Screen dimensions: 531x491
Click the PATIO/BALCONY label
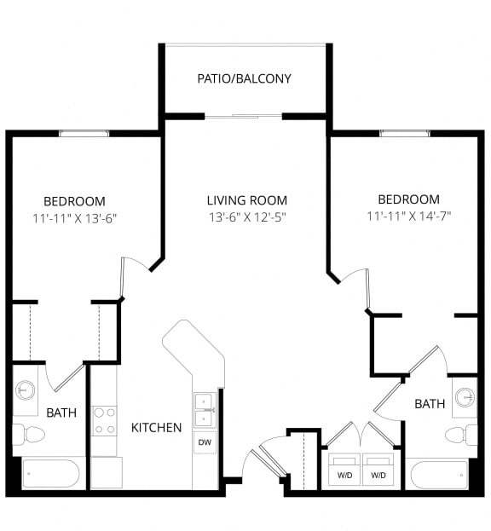click(244, 78)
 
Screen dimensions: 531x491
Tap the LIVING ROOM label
click(246, 200)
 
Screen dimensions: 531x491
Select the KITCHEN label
click(156, 427)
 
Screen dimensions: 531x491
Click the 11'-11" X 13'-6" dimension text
click(74, 217)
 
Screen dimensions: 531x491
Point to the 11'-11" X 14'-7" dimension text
click(408, 216)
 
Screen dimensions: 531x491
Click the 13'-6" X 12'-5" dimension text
click(246, 216)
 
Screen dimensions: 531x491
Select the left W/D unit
click(344, 470)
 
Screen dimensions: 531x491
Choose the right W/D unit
click(378, 470)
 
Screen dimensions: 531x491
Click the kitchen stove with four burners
click(104, 419)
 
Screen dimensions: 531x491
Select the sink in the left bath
click(26, 391)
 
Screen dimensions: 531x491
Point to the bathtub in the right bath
click(437, 473)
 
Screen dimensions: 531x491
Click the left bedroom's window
click(84, 133)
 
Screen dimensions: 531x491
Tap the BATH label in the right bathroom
click(430, 403)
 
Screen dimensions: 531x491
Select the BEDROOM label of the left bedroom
click(74, 201)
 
